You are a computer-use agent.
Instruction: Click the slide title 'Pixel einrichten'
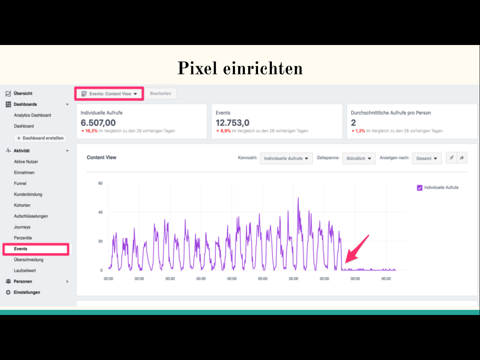tap(240, 68)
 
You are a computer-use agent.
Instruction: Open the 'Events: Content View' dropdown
tap(109, 94)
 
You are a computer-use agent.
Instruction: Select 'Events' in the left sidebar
tap(21, 249)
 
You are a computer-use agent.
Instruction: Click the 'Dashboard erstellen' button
tap(40, 138)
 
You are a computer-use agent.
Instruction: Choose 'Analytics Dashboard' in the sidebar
tap(32, 115)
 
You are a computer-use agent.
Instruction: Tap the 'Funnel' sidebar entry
tap(20, 183)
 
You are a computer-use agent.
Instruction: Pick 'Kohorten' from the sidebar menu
tap(22, 205)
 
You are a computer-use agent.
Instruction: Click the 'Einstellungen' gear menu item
tap(27, 292)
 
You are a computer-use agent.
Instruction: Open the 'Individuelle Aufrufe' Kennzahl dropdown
tap(286, 158)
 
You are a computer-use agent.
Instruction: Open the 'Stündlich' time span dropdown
tap(359, 158)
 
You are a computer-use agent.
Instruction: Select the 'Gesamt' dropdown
tap(426, 158)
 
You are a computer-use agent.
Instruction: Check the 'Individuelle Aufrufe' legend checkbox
tap(420, 188)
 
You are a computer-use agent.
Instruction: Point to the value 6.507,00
tap(98, 123)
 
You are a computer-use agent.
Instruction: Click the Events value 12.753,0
tap(232, 123)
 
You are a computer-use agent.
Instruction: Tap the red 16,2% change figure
tap(91, 131)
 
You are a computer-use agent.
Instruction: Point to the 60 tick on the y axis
tap(100, 183)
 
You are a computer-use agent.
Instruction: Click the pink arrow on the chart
tap(357, 249)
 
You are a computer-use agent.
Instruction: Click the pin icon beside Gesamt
tap(451, 158)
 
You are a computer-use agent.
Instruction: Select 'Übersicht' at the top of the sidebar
tap(23, 93)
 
